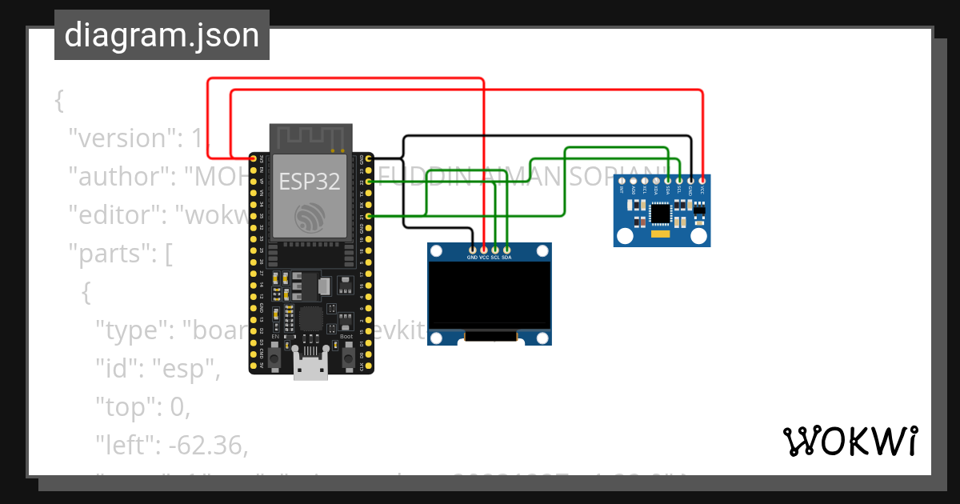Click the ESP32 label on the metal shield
[310, 182]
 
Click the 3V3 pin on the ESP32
[254, 158]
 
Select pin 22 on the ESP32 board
[369, 182]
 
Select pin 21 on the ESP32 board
[369, 216]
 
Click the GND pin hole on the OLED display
[472, 251]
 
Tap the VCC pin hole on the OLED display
[484, 251]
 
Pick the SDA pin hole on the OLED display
[507, 251]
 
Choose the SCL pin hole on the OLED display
[495, 251]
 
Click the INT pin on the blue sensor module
[622, 181]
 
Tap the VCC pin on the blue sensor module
[702, 181]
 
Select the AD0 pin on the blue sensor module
[633, 181]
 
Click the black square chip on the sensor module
[660, 213]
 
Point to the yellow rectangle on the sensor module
[659, 235]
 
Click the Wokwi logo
[850, 441]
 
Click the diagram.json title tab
[162, 35]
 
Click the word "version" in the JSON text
[119, 138]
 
